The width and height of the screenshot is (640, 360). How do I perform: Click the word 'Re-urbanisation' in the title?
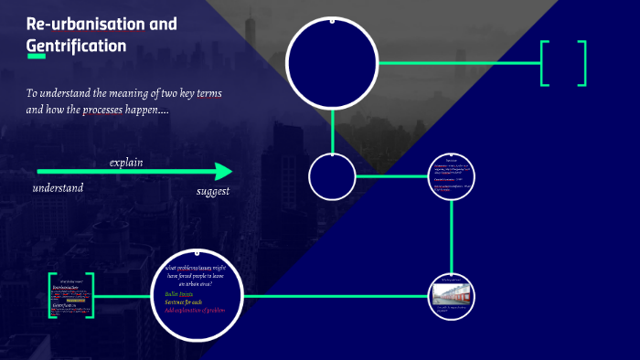point(80,24)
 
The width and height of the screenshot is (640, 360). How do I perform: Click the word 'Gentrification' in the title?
point(77,44)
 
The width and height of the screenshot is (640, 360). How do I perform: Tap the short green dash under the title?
point(37,57)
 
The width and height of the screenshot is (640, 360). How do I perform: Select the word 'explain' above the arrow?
point(126,163)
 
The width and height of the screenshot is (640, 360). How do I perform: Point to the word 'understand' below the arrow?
point(58,187)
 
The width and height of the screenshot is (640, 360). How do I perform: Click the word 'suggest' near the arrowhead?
point(213,191)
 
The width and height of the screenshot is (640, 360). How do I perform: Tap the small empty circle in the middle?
point(332,177)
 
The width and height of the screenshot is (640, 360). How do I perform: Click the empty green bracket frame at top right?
point(563,63)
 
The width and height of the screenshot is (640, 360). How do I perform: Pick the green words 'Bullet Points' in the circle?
point(179,294)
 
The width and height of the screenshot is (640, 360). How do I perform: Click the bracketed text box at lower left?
point(71,296)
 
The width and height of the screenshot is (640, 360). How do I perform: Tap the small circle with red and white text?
point(453,177)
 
